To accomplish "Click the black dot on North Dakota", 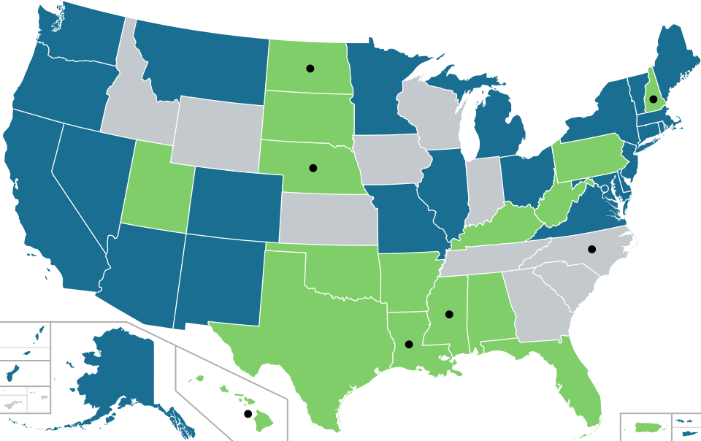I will click(310, 68).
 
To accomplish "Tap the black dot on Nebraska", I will click(313, 168).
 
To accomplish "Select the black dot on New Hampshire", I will click(654, 99).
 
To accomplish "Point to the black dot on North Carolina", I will click(591, 249).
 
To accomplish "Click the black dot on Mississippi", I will click(449, 315).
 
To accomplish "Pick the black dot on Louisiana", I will click(408, 344).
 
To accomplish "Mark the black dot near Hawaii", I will click(248, 414).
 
